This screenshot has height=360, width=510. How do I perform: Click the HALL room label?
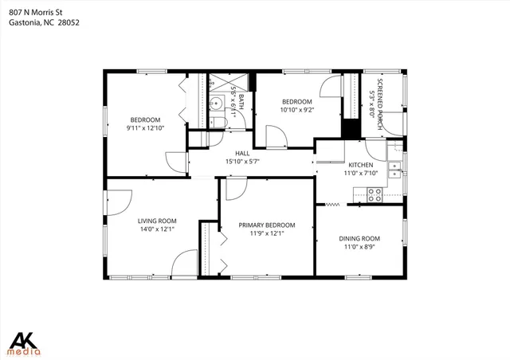[x=242, y=153]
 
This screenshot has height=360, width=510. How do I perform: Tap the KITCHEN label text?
[x=359, y=164]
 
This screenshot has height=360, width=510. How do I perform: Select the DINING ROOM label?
[x=359, y=238]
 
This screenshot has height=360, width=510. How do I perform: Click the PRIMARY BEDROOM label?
[x=267, y=225]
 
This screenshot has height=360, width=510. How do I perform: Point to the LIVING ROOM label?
[x=156, y=221]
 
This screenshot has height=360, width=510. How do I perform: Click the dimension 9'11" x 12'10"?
[x=145, y=127]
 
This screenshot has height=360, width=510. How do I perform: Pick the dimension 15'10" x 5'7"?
[x=242, y=162]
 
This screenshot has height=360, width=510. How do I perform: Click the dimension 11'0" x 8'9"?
[x=359, y=247]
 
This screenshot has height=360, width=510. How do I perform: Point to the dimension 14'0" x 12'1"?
[x=156, y=229]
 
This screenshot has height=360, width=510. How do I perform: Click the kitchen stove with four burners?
[x=375, y=192]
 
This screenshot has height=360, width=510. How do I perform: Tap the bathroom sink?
[x=215, y=104]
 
